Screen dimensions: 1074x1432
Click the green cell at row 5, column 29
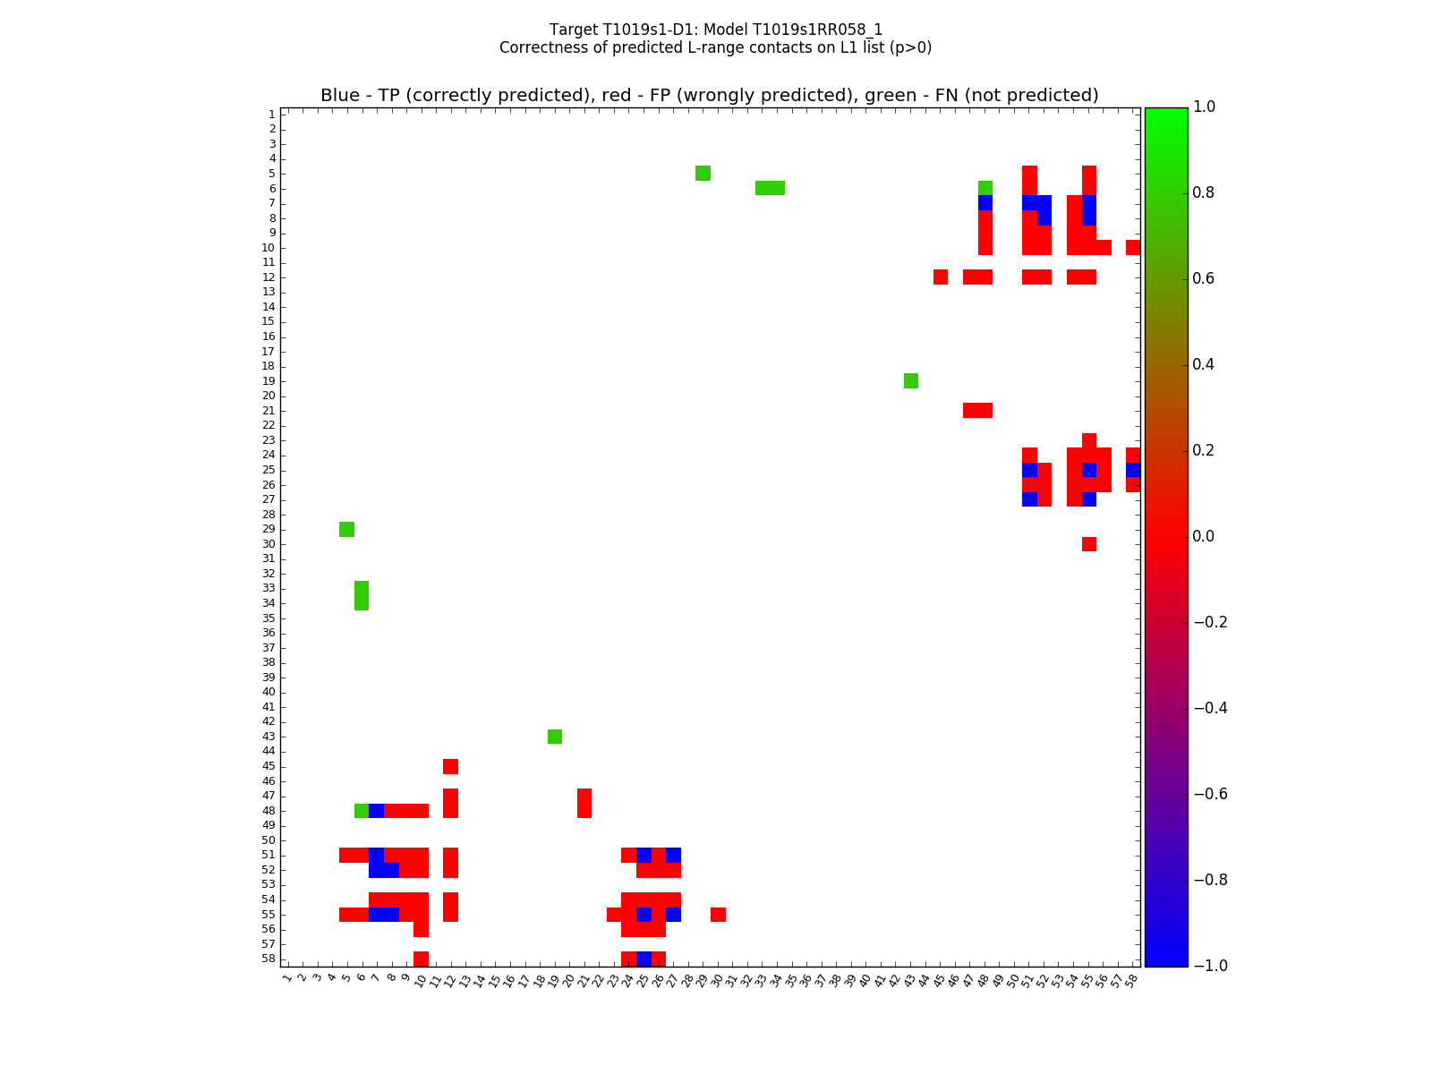tap(703, 173)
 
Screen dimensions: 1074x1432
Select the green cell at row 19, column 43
tap(911, 380)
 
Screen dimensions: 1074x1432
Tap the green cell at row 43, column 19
tap(555, 737)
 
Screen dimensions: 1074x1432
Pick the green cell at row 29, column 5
tap(346, 529)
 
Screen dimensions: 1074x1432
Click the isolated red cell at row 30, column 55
tap(1089, 544)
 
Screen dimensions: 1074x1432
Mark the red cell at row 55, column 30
tap(718, 915)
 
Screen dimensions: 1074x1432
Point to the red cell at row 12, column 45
tap(941, 277)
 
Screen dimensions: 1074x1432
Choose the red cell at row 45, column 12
tap(450, 766)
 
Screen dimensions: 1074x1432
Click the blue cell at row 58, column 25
tap(644, 959)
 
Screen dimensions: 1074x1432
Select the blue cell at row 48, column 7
tap(376, 811)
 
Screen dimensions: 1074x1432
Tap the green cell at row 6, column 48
tap(985, 188)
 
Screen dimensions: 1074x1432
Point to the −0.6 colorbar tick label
tap(1209, 794)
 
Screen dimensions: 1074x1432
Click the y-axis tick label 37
tap(268, 647)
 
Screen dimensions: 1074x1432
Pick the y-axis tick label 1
tap(271, 114)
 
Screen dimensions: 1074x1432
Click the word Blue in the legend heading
tap(340, 95)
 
